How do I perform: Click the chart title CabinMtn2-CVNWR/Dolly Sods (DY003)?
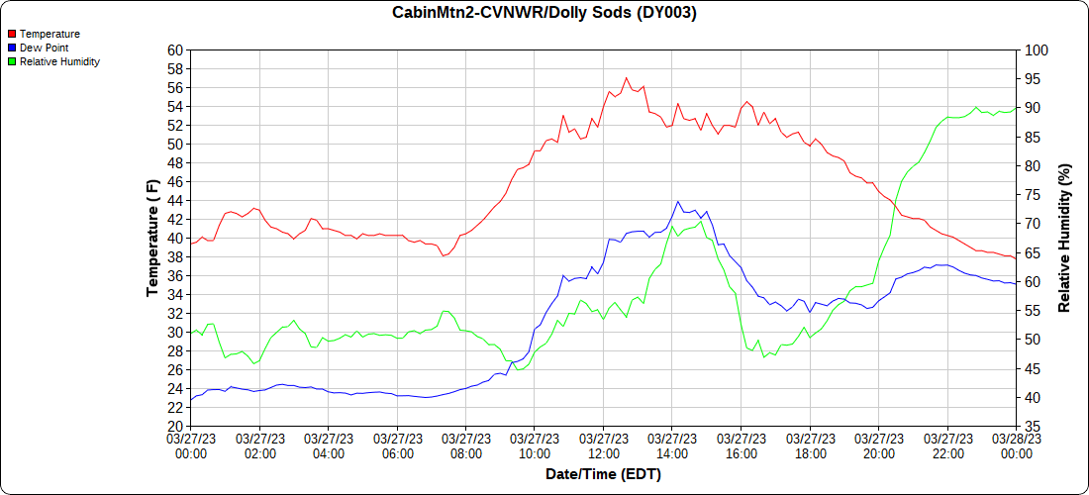(544, 13)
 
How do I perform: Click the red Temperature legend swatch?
(11, 34)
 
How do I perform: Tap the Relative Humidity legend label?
(59, 61)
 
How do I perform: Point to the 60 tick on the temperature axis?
(176, 49)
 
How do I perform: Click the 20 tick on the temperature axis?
(176, 426)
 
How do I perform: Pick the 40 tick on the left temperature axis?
(176, 238)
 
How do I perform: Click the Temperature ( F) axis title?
(152, 238)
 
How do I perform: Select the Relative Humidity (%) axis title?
(1065, 238)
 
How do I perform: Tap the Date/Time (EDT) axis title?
(603, 474)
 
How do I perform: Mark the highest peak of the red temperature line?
(626, 77)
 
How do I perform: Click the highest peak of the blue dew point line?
(678, 201)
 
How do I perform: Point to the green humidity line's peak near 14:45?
(701, 222)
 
